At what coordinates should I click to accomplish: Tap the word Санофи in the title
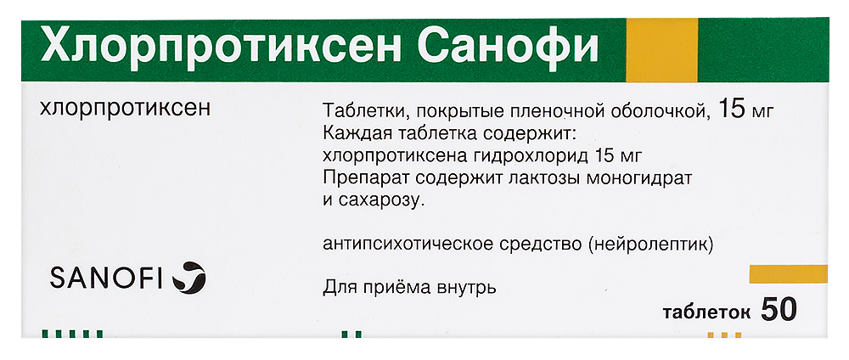[508, 45]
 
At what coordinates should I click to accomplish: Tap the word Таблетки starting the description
[360, 111]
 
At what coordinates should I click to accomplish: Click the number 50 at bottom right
[779, 310]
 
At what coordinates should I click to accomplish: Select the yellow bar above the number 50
[788, 274]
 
